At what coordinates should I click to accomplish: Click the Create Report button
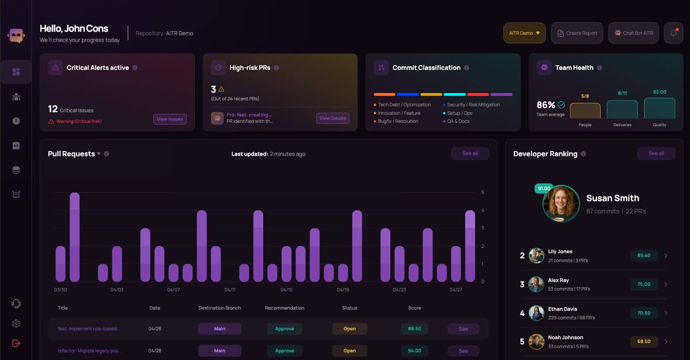tap(577, 33)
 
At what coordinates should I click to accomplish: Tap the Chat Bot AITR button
tap(634, 33)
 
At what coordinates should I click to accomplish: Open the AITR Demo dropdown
tap(524, 33)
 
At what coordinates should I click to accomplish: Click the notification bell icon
tap(673, 33)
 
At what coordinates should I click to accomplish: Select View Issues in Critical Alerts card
tap(170, 119)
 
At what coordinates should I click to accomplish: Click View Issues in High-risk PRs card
tap(332, 118)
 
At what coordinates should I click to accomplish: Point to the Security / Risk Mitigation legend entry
tap(473, 105)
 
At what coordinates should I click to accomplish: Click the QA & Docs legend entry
tap(458, 121)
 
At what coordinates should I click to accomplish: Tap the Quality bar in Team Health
tap(659, 108)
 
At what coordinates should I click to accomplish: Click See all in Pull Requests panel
tap(470, 153)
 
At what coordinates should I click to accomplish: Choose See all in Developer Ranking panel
tap(656, 153)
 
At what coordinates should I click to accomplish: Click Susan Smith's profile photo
tap(561, 203)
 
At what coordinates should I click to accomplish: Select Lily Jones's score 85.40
tap(643, 256)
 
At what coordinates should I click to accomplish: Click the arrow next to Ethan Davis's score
tap(666, 313)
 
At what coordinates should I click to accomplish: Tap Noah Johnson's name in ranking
tap(565, 338)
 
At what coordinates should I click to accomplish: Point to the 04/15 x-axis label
tap(286, 290)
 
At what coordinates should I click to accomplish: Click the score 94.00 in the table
tap(414, 351)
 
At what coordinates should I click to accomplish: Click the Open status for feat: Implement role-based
tap(349, 329)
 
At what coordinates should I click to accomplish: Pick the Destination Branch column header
tap(220, 308)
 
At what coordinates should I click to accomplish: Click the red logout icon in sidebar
tap(16, 343)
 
